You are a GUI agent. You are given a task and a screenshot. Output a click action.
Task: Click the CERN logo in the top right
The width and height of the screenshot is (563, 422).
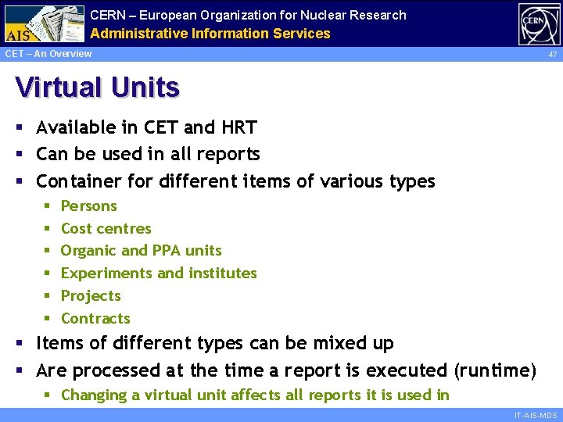(x=539, y=24)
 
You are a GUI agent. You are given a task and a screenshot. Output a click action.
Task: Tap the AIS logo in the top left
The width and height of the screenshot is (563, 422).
(x=43, y=24)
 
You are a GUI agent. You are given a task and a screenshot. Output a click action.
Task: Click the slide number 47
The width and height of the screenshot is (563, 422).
(x=552, y=55)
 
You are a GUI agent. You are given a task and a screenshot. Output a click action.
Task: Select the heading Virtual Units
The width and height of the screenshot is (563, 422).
(x=97, y=88)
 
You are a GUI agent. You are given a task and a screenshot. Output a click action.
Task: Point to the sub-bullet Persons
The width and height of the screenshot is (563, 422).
(x=88, y=206)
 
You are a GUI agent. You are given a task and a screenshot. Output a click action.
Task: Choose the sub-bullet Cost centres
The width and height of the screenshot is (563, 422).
(x=106, y=229)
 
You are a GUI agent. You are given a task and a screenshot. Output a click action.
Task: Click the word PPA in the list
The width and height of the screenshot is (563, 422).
(x=167, y=251)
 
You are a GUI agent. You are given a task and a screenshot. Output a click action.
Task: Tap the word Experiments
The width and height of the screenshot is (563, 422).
(x=106, y=274)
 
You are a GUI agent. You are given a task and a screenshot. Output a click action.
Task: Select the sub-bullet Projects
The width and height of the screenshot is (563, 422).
(x=91, y=296)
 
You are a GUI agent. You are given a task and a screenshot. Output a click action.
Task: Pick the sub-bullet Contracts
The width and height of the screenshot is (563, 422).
(x=95, y=319)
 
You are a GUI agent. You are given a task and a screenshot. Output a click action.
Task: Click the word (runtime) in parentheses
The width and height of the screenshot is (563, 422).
(x=495, y=370)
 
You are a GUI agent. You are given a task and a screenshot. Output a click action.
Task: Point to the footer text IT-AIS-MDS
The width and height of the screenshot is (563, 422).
(x=535, y=416)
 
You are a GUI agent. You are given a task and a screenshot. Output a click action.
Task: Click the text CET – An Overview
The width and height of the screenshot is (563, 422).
(x=48, y=54)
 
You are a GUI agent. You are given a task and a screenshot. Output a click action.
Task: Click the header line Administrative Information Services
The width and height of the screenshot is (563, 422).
(x=210, y=34)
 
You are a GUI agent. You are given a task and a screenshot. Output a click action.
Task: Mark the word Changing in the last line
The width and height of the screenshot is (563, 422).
(x=95, y=395)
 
